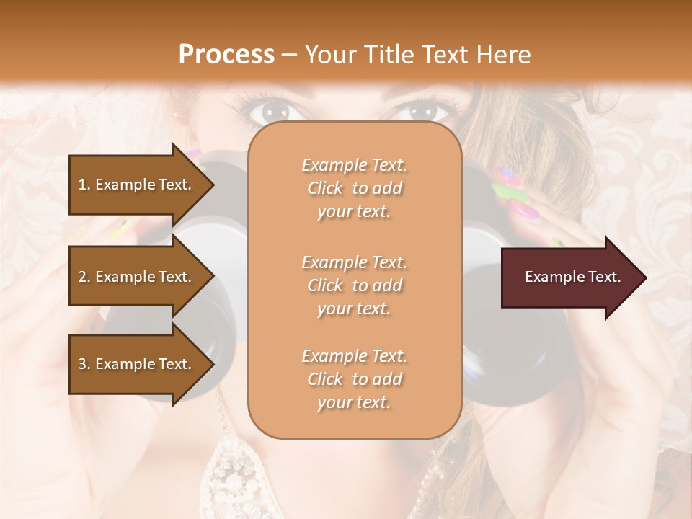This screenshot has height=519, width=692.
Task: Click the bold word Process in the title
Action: point(226,55)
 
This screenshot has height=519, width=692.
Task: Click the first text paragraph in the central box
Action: point(354,188)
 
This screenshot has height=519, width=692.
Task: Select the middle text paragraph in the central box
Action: point(354,285)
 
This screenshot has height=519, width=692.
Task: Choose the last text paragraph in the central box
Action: point(354,379)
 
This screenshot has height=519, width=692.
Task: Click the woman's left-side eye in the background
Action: point(272,110)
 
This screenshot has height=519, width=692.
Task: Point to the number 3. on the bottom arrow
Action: point(84,364)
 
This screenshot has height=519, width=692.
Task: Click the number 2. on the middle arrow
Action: point(84,277)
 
